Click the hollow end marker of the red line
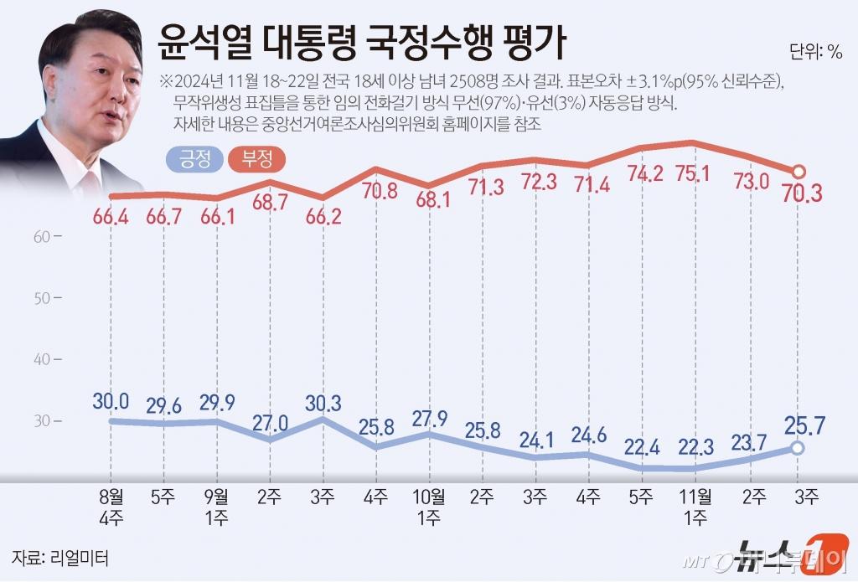click(x=799, y=170)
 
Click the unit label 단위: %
click(x=816, y=51)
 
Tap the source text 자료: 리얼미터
click(x=59, y=557)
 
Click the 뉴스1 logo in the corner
click(x=775, y=556)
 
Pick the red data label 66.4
click(x=111, y=219)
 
